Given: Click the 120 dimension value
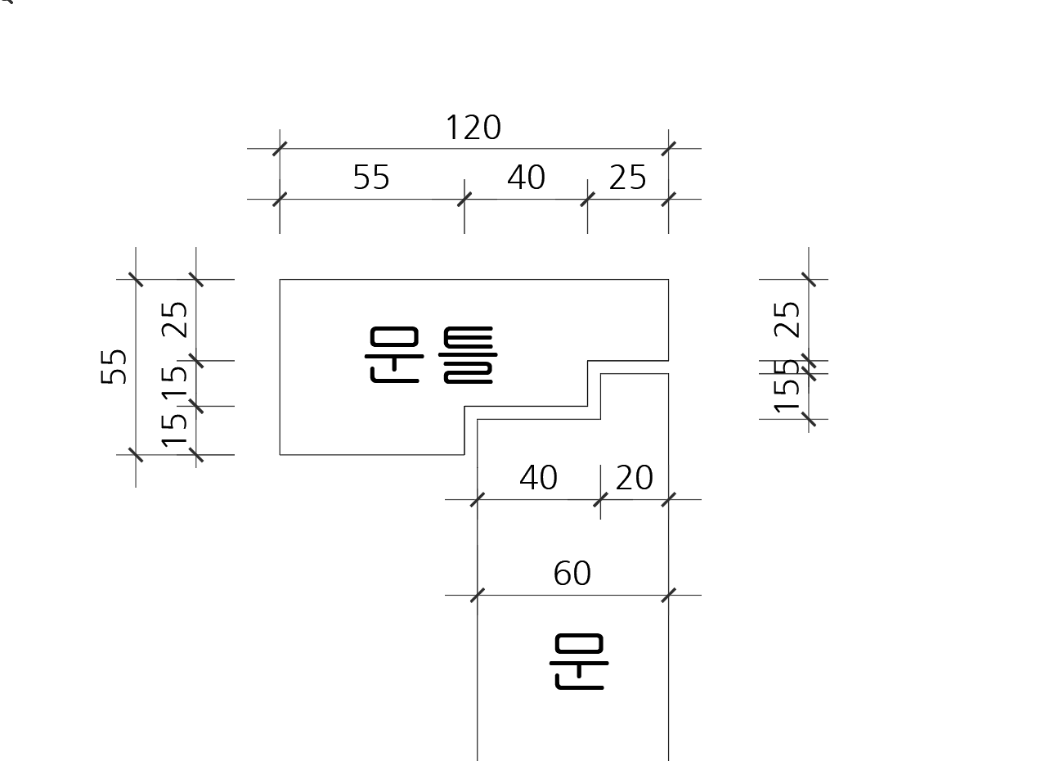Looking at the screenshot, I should coord(473,128).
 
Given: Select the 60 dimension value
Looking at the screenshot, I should coord(572,574).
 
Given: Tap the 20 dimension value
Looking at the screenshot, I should coord(634,478).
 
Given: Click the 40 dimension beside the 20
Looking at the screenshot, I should coord(538,478).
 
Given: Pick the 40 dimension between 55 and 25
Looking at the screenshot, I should coord(526,178).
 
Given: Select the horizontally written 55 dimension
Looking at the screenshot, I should coord(371,178).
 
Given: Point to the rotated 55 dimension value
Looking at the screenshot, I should coord(114,367).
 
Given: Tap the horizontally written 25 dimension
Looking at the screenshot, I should coord(627,178).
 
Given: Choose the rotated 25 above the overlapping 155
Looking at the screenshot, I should coord(787,319).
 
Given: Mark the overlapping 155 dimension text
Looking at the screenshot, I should coord(787,386).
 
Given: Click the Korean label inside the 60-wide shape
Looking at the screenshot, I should coord(579,662).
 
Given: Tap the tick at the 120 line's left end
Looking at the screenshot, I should coord(280,149).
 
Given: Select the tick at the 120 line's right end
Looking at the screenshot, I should coord(669,149).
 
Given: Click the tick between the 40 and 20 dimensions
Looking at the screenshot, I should coord(600,499).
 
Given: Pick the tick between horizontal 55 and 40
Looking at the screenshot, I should coord(464,199).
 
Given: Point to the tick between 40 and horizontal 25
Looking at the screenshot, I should coord(587,199).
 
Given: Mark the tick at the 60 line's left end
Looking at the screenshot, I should coord(478,595).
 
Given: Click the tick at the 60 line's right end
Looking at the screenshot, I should coord(669,595).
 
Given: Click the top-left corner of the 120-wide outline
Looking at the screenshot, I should coord(280,280).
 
